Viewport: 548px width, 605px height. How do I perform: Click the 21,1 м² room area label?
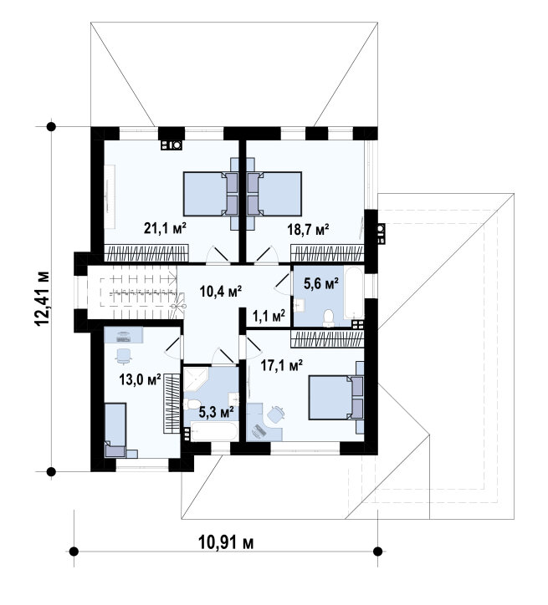165,228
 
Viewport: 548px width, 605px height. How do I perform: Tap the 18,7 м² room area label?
308,230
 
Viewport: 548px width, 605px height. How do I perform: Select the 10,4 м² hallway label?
221,291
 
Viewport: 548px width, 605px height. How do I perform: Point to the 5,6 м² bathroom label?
321,284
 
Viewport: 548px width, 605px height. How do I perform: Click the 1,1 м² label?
269,316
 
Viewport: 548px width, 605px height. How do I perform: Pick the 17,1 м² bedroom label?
282,364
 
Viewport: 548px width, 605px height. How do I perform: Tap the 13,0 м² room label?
140,379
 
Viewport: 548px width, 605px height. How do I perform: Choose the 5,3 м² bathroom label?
216,413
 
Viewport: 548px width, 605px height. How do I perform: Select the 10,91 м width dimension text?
226,542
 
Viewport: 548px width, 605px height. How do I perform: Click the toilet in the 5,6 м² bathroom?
329,318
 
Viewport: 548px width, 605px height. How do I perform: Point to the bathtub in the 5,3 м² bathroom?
214,431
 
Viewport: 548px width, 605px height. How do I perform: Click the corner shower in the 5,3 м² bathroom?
196,379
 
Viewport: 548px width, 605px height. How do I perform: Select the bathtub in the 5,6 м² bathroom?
354,292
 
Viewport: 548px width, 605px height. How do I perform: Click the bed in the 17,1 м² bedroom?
336,398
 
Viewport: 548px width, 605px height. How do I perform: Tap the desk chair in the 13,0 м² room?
124,356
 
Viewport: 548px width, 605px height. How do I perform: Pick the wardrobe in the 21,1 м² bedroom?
146,253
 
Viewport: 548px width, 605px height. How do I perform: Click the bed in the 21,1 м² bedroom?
211,194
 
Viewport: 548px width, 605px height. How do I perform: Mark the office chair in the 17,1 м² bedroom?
276,414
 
